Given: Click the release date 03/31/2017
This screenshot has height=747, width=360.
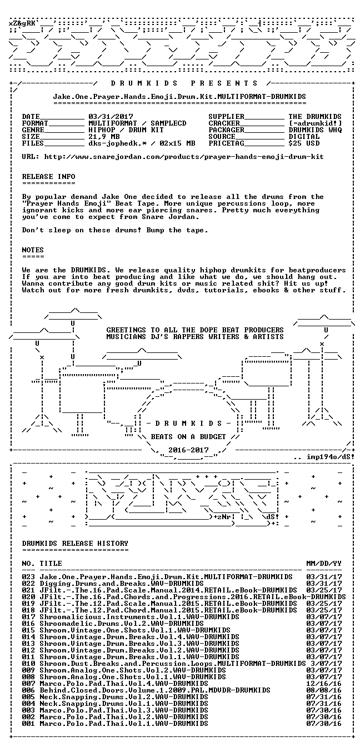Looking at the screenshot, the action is pyautogui.click(x=111, y=117).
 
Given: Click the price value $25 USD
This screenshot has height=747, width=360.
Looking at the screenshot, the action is pyautogui.click(x=304, y=143).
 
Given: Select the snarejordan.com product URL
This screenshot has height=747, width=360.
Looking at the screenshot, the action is pyautogui.click(x=184, y=157).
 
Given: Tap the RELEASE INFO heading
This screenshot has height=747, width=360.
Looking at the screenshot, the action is pyautogui.click(x=49, y=177).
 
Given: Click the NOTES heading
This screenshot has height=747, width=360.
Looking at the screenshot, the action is pyautogui.click(x=33, y=250).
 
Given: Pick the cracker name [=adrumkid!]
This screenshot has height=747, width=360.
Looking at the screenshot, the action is pyautogui.click(x=316, y=123).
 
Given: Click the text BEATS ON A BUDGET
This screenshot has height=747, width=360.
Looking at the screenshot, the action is pyautogui.click(x=189, y=437).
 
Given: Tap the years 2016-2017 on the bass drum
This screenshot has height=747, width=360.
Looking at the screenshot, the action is pyautogui.click(x=189, y=450).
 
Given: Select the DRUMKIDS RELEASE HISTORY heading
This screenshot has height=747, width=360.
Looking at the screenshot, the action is pyautogui.click(x=75, y=544).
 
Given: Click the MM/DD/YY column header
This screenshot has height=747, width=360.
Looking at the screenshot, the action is pyautogui.click(x=324, y=564).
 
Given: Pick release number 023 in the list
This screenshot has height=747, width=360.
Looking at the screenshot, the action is pyautogui.click(x=29, y=577).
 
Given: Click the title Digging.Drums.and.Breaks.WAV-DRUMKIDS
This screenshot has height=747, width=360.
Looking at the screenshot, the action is pyautogui.click(x=122, y=584).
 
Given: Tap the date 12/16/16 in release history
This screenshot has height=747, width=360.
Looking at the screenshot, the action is pyautogui.click(x=324, y=684).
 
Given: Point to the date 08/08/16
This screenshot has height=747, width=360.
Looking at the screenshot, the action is pyautogui.click(x=324, y=690).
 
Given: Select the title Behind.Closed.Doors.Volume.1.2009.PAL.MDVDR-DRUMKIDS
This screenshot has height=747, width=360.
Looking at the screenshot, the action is pyautogui.click(x=155, y=690).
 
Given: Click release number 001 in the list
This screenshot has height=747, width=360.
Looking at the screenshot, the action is pyautogui.click(x=29, y=724).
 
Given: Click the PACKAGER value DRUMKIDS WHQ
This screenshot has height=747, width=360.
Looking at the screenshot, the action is pyautogui.click(x=316, y=130).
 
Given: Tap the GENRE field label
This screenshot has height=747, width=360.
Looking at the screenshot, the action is pyautogui.click(x=33, y=130).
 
